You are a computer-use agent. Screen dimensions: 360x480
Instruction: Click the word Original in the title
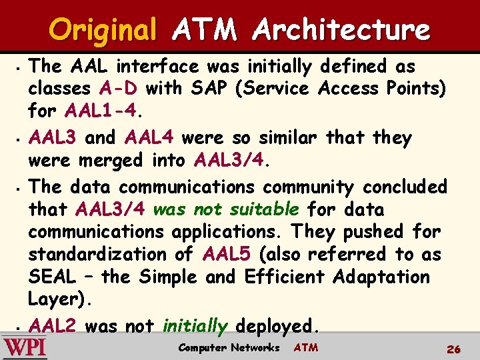(x=102, y=30)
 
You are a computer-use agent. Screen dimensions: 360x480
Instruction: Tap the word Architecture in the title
(x=342, y=30)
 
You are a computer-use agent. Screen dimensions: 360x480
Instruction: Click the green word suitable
(x=264, y=209)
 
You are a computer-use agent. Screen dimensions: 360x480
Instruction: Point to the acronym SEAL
(x=52, y=276)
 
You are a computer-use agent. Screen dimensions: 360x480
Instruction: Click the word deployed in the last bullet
(x=274, y=326)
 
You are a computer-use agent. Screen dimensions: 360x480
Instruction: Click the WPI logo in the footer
(x=24, y=348)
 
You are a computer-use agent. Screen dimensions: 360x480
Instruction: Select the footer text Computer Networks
(x=229, y=347)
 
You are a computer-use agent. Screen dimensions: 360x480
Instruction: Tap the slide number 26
(x=454, y=348)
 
